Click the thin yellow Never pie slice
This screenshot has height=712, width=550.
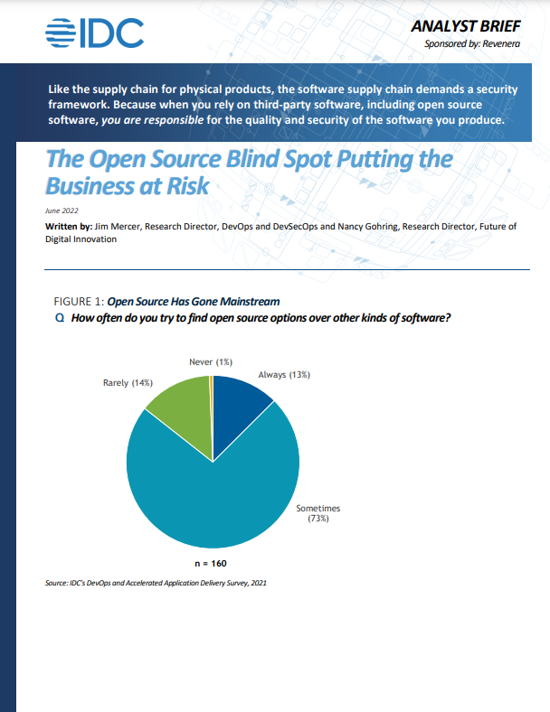tap(211, 398)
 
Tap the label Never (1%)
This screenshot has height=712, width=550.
tap(211, 362)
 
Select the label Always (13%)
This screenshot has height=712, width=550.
tap(284, 374)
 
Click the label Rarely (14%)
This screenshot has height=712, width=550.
tap(128, 383)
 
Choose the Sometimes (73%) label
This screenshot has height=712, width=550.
tap(318, 513)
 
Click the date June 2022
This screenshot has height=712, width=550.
tap(62, 210)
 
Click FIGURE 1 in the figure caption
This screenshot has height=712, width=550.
tap(80, 302)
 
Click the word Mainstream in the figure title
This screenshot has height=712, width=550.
tap(248, 302)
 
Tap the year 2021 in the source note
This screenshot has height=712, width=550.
tap(258, 583)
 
